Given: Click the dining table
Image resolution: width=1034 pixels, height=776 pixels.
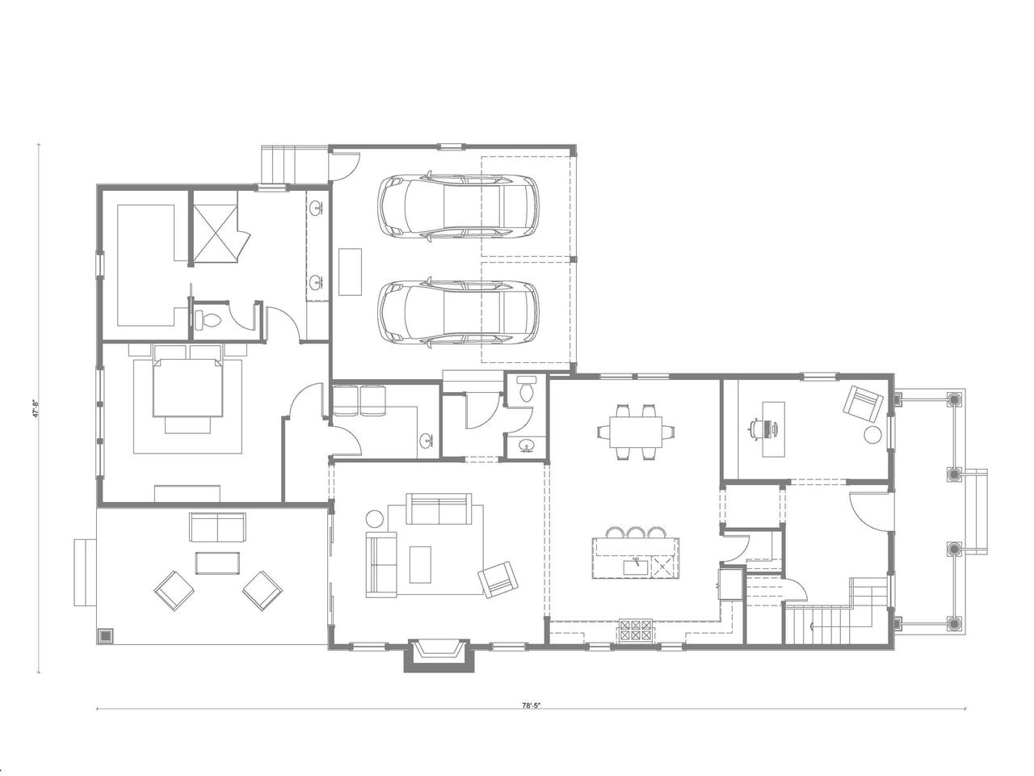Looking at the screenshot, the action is pos(636,431).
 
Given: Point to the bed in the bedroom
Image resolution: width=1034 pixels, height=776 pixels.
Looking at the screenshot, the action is pos(188,386).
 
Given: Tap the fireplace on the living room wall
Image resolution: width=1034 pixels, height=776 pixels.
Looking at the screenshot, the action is pos(438,655).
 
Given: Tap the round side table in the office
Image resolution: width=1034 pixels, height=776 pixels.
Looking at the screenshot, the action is pos(873,435).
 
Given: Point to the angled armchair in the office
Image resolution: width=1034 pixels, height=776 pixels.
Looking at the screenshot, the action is pos(864,405).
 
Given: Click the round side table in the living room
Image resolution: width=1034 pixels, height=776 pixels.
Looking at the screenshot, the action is pos(375,519).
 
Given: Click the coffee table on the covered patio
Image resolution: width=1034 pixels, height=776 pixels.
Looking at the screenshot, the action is pos(217,563).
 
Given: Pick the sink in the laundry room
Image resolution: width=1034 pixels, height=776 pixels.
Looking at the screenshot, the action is pos(427,441).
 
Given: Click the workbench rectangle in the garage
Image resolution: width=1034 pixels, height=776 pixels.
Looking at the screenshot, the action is pos(350,272).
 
